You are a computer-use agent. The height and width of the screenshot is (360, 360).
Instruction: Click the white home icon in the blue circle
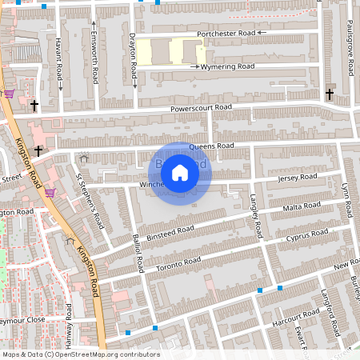pyautogui.click(x=180, y=172)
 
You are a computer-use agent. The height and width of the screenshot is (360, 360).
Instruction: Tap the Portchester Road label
pyautogui.click(x=228, y=33)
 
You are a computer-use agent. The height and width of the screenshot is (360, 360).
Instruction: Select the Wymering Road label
pyautogui.click(x=228, y=66)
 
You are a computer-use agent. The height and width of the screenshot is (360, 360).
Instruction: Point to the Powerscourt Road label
pyautogui.click(x=201, y=108)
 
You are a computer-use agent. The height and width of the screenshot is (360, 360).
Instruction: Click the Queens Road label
pyautogui.click(x=211, y=146)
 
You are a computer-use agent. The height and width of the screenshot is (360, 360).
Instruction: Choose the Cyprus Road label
pyautogui.click(x=307, y=236)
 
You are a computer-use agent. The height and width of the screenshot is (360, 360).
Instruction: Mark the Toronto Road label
pyautogui.click(x=178, y=263)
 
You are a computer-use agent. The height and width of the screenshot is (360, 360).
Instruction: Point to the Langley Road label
pyautogui.click(x=255, y=217)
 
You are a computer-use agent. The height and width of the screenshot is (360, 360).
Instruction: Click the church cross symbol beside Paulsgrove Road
pyautogui.click(x=330, y=94)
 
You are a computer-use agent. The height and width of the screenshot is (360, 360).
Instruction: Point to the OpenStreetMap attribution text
pyautogui.click(x=81, y=354)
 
